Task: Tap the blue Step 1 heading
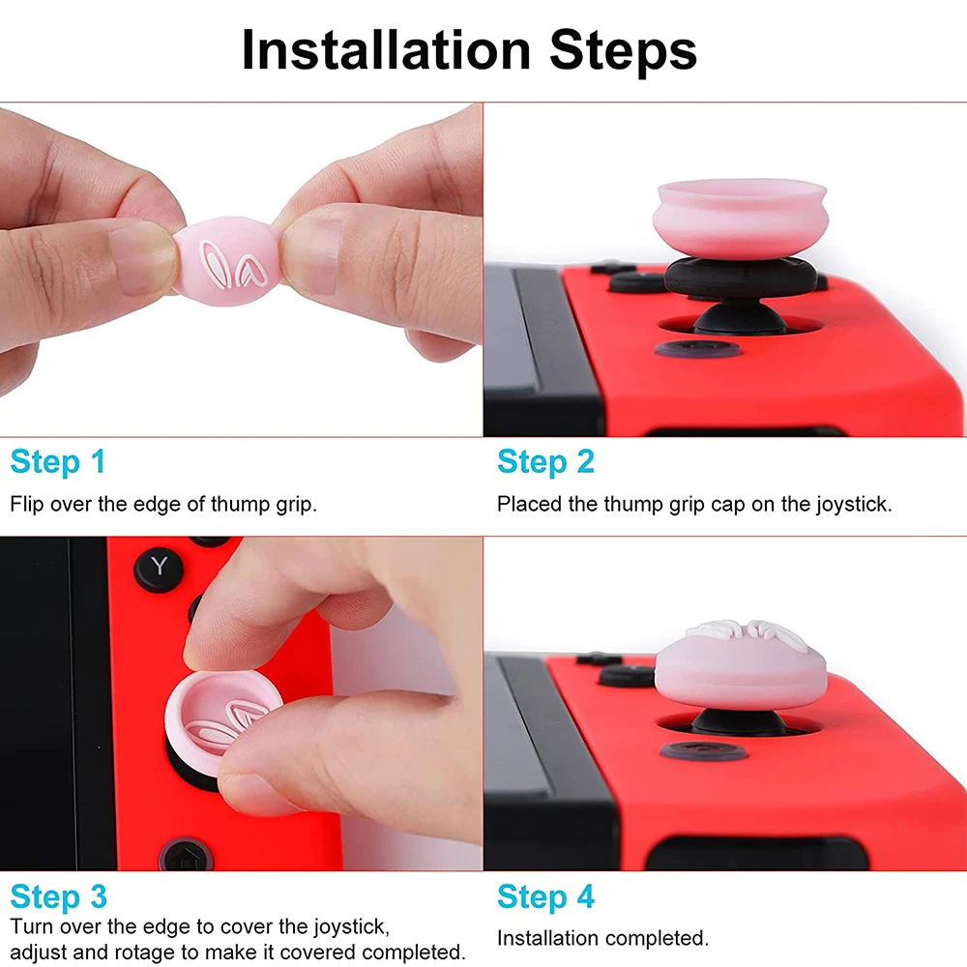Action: pyautogui.click(x=58, y=462)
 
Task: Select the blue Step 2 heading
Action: pyautogui.click(x=545, y=462)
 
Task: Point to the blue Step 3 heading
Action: pyautogui.click(x=58, y=896)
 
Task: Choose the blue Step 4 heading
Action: pyautogui.click(x=545, y=896)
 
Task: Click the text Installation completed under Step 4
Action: pyautogui.click(x=602, y=938)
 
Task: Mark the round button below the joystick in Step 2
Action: pyautogui.click(x=698, y=348)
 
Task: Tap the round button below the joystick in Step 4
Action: pyautogui.click(x=703, y=750)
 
